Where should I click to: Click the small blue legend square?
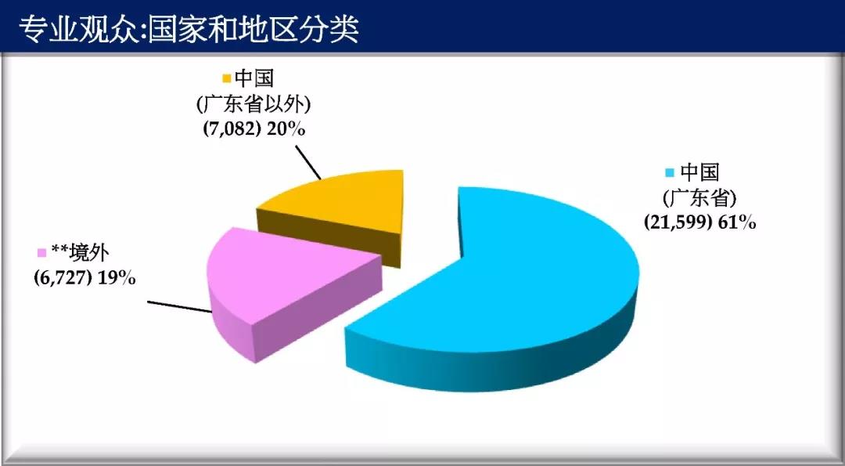point(671,173)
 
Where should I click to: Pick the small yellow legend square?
point(226,79)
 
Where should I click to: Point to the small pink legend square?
point(41,253)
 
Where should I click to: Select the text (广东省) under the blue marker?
point(699,198)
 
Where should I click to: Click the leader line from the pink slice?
point(180,306)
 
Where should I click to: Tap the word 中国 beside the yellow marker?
point(254,79)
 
